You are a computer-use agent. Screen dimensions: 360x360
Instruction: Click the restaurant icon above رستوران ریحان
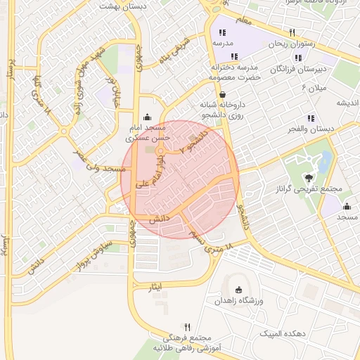[x=292, y=32]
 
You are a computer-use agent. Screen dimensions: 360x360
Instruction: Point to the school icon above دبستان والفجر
[x=311, y=119]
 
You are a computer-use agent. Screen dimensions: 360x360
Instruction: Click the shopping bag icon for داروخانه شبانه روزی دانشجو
[x=223, y=94]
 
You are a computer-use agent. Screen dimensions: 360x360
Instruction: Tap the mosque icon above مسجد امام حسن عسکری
[x=146, y=117]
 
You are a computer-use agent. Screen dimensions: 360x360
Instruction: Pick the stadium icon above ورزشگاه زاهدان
[x=238, y=290]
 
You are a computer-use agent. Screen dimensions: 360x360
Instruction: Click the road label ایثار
[x=156, y=287]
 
